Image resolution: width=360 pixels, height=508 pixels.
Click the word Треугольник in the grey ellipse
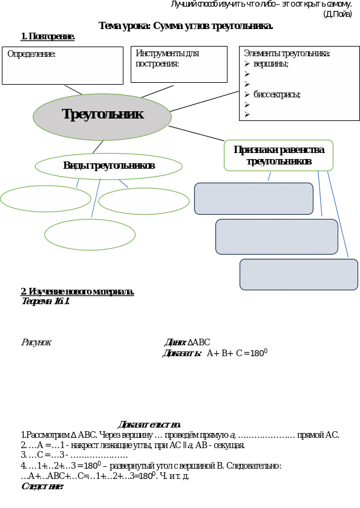[x=102, y=114]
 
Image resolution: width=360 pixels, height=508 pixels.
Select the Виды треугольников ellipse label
[x=109, y=166]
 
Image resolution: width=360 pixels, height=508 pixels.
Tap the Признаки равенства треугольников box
[x=279, y=155]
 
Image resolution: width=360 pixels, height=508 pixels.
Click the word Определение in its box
[x=31, y=54]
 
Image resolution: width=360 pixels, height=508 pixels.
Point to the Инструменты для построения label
[x=167, y=58]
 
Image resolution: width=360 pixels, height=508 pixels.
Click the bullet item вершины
[x=271, y=63]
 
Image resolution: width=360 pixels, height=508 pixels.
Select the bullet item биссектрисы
[x=277, y=94]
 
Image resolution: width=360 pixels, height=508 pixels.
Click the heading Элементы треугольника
[x=287, y=53]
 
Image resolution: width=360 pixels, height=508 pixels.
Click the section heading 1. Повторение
[x=48, y=37]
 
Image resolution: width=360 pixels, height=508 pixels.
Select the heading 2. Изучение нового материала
[x=77, y=291]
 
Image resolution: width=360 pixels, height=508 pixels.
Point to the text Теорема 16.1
[x=45, y=301]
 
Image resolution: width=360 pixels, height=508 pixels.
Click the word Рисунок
[x=36, y=342]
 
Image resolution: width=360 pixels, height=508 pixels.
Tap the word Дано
[x=175, y=342]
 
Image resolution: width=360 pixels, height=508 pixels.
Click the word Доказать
[x=182, y=353]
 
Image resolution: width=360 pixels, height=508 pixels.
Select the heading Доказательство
[x=149, y=425]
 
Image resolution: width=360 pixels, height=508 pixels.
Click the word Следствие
[x=42, y=486]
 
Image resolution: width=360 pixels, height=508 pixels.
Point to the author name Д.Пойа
[x=338, y=15]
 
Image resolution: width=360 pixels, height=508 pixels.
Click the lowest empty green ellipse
[x=90, y=235]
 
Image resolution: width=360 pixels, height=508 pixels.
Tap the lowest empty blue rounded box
[x=299, y=275]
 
